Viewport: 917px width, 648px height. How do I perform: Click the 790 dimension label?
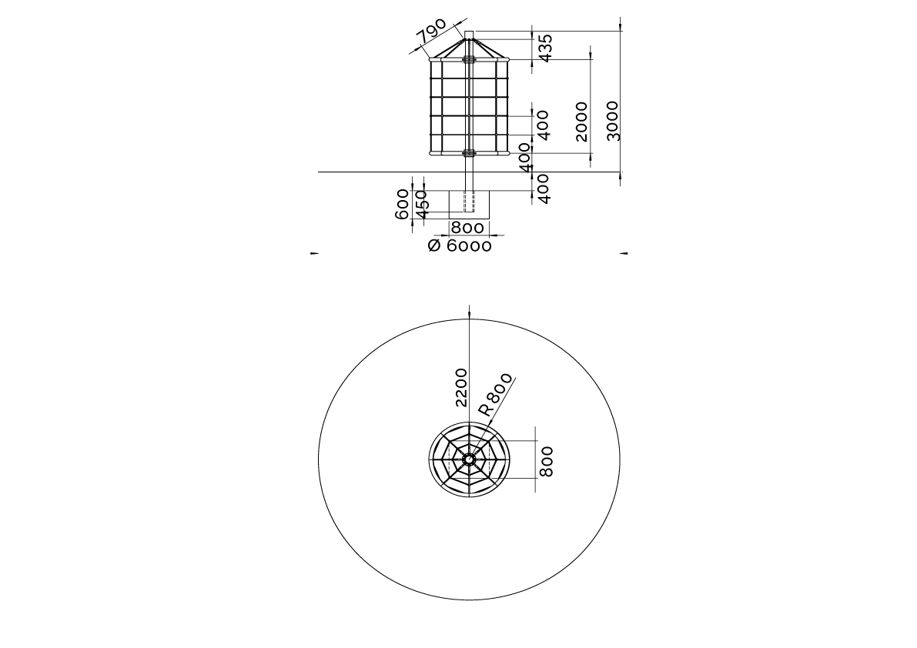click(x=432, y=32)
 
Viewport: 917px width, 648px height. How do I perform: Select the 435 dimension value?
click(x=544, y=48)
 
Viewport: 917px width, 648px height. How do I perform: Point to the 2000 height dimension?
click(x=581, y=122)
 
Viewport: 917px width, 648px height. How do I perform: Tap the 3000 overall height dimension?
click(x=612, y=121)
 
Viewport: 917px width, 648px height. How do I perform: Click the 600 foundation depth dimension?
click(x=403, y=204)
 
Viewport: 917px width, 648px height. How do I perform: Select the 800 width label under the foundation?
click(x=467, y=228)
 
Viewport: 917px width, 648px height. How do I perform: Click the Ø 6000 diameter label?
click(x=460, y=246)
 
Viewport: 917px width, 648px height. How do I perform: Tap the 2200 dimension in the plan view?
click(x=461, y=387)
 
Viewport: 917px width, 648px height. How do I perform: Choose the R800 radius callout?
click(x=495, y=394)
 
